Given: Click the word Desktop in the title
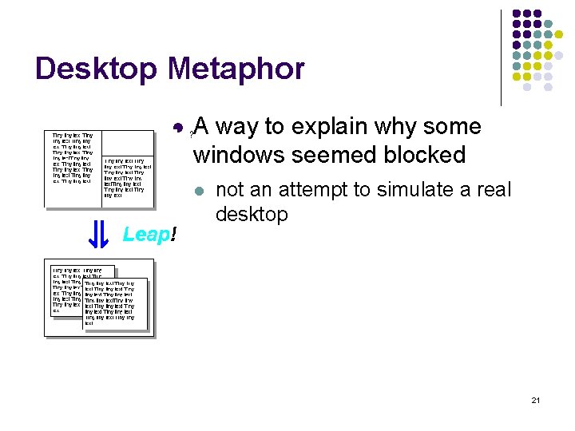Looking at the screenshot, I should point(97,69).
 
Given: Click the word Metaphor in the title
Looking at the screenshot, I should point(236,69).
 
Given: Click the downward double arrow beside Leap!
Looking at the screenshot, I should point(97,234).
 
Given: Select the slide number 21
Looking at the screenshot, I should point(535,400).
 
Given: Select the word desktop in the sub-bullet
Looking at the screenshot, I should point(252,214).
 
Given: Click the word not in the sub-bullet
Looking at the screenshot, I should point(230,190).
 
